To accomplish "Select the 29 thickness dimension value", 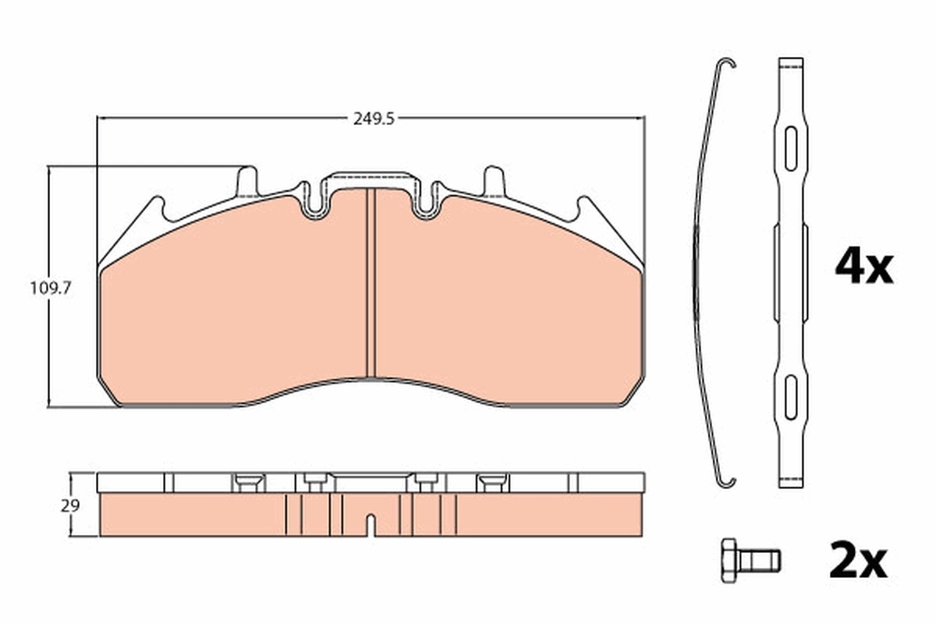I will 70,505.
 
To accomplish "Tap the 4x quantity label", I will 863,268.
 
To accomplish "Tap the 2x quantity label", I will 858,562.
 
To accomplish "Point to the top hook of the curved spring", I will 728,65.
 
